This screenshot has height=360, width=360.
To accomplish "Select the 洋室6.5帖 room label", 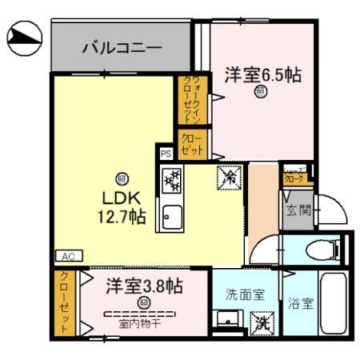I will click(x=262, y=75).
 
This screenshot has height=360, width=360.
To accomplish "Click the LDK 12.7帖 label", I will click(x=122, y=206).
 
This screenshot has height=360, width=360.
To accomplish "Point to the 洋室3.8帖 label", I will click(x=145, y=286).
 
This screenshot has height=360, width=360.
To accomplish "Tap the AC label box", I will click(x=67, y=256).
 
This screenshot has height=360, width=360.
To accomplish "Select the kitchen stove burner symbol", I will click(x=173, y=182).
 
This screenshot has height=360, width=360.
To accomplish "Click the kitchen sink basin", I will click(x=172, y=214).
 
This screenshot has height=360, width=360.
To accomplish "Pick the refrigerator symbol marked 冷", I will click(x=229, y=177).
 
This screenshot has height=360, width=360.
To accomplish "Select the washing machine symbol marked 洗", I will click(x=262, y=323).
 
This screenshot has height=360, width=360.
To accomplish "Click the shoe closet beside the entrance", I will click(x=293, y=176).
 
